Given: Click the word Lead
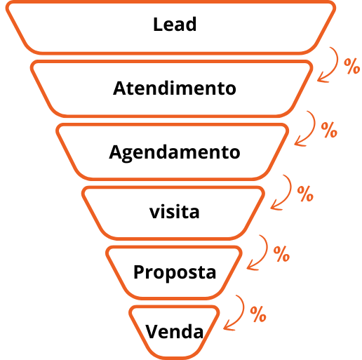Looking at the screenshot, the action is pos(175,24).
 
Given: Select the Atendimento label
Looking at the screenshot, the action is pos(175,88).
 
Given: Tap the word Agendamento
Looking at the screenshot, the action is pos(175,153).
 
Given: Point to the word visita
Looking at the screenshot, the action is pos(175,211).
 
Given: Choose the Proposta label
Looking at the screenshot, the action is pos(175,272).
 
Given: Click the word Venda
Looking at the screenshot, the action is pos(175,331).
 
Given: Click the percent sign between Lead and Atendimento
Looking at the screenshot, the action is pos(351,66).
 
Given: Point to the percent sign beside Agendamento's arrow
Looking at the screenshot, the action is pos(329,130).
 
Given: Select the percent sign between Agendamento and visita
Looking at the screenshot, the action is pos(305,194).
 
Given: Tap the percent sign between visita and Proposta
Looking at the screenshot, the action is pos(281,254).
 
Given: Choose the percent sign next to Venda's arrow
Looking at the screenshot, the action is pos(258,314).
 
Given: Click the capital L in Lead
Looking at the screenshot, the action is pos(158,24).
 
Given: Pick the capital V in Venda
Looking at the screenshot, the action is pos(152,331).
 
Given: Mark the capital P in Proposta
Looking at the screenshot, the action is pos(138,272).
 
